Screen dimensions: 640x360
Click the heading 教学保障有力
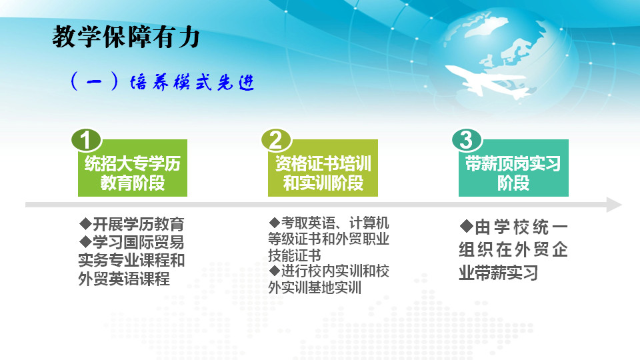[126, 37]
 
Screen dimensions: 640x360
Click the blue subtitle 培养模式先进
[192, 82]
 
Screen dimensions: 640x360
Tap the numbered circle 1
[86, 140]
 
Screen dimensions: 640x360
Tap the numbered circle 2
[276, 140]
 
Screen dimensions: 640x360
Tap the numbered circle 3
[467, 140]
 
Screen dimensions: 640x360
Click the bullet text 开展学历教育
[139, 224]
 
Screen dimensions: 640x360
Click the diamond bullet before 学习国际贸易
[85, 241]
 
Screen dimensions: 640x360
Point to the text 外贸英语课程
[124, 279]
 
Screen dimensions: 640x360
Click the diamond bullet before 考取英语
[274, 223]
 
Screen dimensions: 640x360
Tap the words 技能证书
[294, 255]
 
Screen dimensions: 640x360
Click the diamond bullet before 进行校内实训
[274, 270]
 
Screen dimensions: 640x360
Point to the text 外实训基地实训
[314, 287]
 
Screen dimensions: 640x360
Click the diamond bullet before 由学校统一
[466, 226]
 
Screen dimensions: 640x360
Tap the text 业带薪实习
[499, 273]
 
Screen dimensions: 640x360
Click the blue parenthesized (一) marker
[94, 81]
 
